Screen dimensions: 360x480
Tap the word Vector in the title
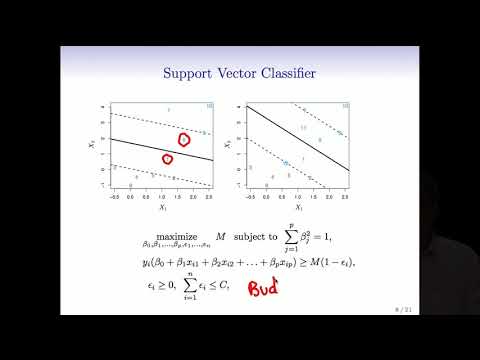tap(239, 73)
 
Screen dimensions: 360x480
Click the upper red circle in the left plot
tap(185, 140)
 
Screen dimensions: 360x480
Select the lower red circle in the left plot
tap(167, 158)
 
